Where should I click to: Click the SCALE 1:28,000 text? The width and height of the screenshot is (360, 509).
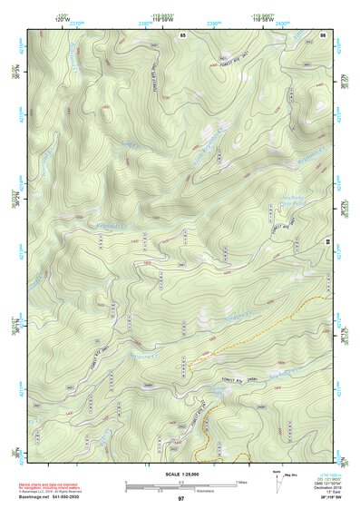[180, 472]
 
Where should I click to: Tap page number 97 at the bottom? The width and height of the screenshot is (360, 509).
[181, 499]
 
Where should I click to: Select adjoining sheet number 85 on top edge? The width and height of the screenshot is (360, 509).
[182, 34]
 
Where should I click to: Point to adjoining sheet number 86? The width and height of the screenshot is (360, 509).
[323, 34]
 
